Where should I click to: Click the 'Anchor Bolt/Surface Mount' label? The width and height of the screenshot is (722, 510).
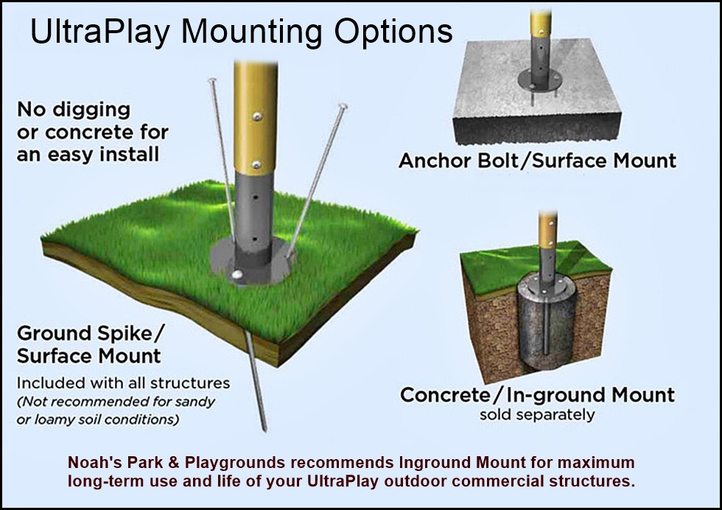point(537,161)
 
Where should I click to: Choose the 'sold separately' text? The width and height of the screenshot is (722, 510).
point(536,414)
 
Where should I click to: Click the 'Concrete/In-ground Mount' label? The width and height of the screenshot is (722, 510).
point(537,395)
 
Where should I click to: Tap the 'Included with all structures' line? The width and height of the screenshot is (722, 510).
point(123,383)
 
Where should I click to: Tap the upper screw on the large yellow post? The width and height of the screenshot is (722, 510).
point(256,115)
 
